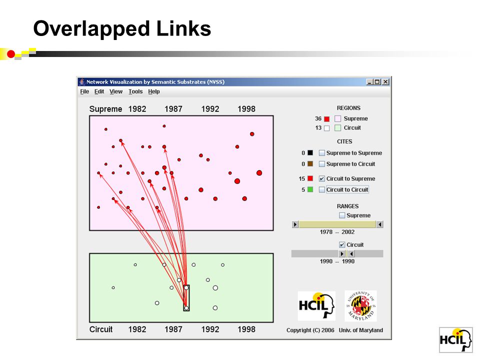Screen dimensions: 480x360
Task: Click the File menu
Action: point(84,91)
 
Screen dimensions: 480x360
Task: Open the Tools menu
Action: point(135,91)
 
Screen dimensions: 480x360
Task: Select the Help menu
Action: point(154,91)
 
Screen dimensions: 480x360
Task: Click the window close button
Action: point(385,81)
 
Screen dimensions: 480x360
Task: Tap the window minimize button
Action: point(370,81)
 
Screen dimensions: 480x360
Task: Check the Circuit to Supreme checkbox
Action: point(321,178)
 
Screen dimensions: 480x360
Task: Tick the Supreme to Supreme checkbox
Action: point(321,153)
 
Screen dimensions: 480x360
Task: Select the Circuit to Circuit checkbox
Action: point(321,189)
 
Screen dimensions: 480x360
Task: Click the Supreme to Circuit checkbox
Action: point(321,164)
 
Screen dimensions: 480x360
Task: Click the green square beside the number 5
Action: point(310,189)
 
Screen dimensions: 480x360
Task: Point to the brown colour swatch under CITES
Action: point(310,164)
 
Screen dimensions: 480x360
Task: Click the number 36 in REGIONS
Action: point(318,118)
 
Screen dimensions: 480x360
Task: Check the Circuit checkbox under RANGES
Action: point(342,244)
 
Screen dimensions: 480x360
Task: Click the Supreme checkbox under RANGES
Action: point(342,215)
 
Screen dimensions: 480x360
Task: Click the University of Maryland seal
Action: point(360,306)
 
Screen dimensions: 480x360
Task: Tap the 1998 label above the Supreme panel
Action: point(246,109)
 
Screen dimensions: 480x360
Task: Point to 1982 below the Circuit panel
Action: point(137,329)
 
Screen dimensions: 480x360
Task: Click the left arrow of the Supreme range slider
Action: point(295,224)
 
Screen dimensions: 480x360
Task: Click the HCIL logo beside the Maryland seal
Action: point(316,306)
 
